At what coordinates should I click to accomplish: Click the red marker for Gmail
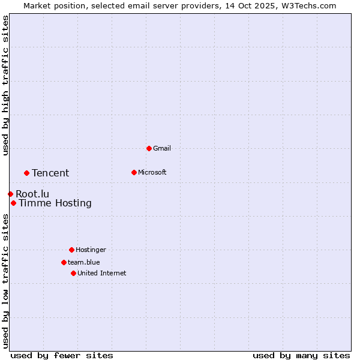149,148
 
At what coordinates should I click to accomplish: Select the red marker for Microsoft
134,172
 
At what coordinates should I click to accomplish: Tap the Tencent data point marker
26,173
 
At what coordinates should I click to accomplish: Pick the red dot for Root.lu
10,194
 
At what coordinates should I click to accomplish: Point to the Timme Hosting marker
13,203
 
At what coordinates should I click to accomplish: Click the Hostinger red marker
71,250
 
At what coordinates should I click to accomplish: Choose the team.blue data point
64,262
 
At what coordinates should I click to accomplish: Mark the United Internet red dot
73,273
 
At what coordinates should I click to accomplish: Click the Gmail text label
162,148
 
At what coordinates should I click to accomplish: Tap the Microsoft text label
152,172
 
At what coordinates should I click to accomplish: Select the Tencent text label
50,173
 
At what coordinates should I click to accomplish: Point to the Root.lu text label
32,194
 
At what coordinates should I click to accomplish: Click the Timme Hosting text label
55,203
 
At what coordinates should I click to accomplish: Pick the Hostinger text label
91,250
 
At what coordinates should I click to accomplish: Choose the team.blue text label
84,262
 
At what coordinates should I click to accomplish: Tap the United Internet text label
102,273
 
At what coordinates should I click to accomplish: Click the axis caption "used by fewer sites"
62,355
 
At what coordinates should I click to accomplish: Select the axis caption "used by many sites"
301,355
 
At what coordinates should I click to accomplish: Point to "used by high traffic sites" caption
5,85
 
